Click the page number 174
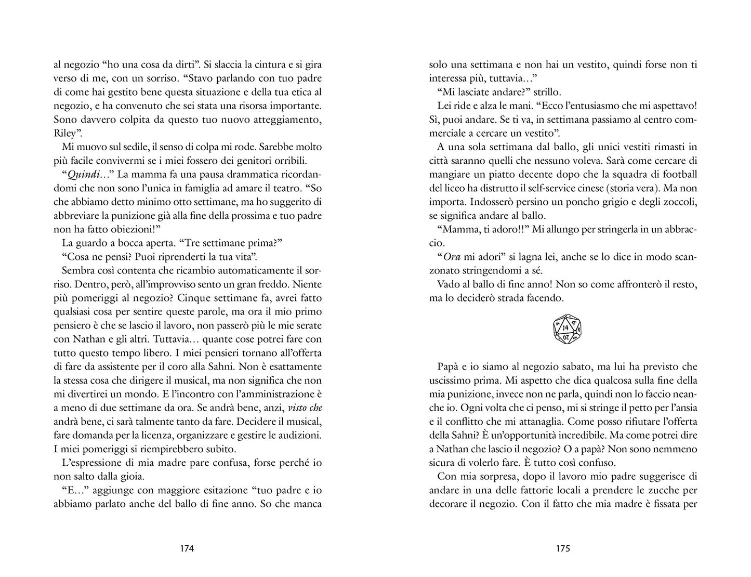[187, 548]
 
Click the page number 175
[563, 548]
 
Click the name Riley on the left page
[64, 133]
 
